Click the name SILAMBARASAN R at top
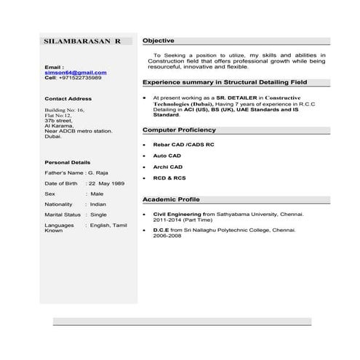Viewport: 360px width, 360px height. tap(82, 41)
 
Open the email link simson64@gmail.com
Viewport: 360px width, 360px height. tap(76, 72)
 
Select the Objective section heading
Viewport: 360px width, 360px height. tap(158, 40)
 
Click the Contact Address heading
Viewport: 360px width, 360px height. tap(68, 98)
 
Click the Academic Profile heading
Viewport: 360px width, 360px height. tap(171, 199)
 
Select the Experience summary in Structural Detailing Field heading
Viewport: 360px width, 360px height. tap(225, 82)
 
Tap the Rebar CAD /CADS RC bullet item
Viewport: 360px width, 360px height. tap(183, 145)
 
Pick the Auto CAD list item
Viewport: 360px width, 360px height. tap(167, 156)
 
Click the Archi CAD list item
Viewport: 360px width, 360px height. tap(168, 167)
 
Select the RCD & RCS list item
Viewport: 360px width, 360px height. tap(169, 177)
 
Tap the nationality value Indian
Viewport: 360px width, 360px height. tap(98, 204)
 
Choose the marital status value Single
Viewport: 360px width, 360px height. tap(98, 215)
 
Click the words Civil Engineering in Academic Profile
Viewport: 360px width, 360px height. tap(177, 215)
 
